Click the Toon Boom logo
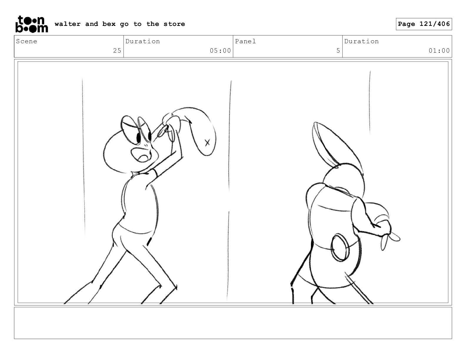point(32,24)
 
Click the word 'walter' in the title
point(68,24)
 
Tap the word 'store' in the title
point(174,24)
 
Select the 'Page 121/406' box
point(424,24)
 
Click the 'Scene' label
point(26,41)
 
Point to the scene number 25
point(117,51)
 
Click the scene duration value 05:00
point(220,51)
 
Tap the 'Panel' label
point(245,41)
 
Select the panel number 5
point(338,51)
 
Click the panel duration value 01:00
point(439,51)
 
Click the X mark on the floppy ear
point(207,143)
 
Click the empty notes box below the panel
point(233,323)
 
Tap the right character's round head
point(343,180)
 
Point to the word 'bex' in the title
point(109,24)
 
